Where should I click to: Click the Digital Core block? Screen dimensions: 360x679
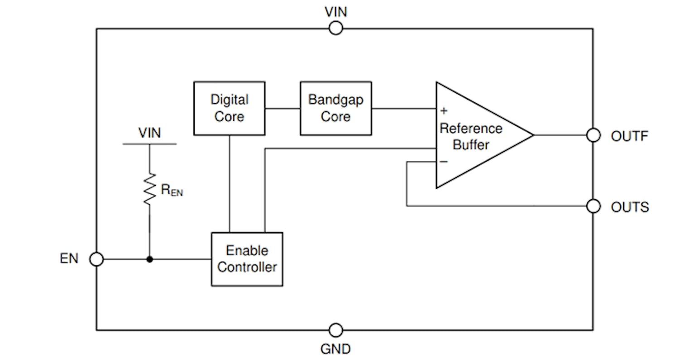click(229, 108)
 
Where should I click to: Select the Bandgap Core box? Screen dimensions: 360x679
click(335, 108)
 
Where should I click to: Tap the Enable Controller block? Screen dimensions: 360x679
click(247, 259)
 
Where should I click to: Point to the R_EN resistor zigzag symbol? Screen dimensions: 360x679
click(149, 189)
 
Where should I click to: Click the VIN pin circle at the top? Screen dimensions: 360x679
click(335, 29)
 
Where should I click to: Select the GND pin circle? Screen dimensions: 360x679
click(335, 330)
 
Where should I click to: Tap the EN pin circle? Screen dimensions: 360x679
click(96, 259)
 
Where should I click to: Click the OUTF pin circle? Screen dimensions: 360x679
click(593, 135)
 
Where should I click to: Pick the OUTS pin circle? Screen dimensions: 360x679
click(593, 206)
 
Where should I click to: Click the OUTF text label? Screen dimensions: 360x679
click(630, 136)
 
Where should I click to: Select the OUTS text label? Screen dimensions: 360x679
click(630, 207)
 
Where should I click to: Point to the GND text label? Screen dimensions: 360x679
click(335, 349)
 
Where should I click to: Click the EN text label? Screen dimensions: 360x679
click(69, 259)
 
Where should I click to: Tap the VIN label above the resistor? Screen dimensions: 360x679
click(149, 133)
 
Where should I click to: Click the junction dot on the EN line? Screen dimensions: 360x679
click(149, 259)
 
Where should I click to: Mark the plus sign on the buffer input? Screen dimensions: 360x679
click(444, 110)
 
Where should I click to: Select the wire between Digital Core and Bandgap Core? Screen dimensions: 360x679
click(282, 108)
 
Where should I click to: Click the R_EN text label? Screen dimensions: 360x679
click(172, 191)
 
